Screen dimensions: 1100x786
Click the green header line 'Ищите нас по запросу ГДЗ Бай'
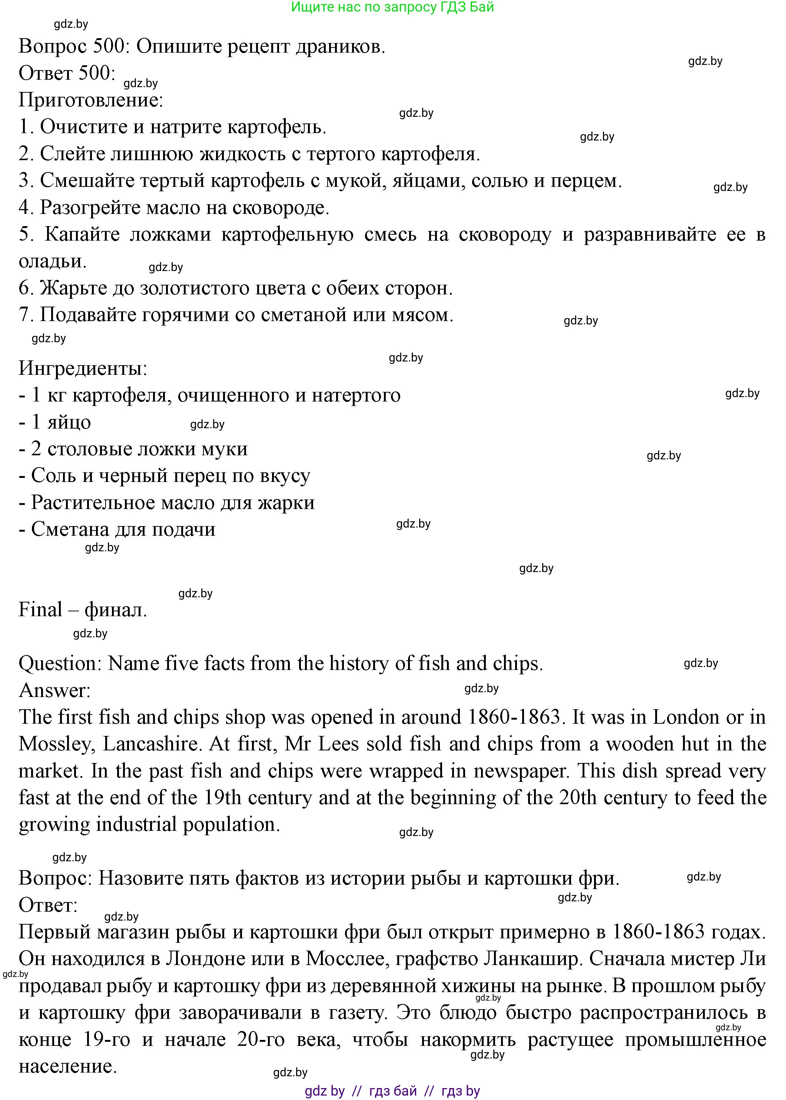point(392,7)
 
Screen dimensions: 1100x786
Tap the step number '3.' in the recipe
point(26,181)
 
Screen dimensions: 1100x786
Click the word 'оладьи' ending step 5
point(52,261)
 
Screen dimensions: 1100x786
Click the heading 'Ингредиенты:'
point(83,369)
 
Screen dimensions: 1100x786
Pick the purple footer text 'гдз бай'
point(392,1091)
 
